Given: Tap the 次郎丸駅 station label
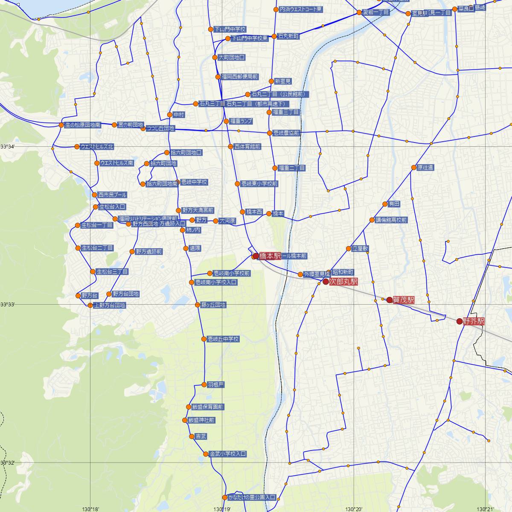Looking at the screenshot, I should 343,282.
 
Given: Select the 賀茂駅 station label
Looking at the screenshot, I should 404,300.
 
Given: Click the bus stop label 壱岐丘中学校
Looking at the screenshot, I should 223,339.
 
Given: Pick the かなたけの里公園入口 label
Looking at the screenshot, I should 252,497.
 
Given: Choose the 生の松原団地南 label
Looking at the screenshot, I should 83,125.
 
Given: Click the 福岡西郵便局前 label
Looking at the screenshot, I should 240,77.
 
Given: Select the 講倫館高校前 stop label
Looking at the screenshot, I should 391,220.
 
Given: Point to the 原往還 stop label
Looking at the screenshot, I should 425,168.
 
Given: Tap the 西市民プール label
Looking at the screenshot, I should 112,195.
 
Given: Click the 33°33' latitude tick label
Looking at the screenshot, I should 8,304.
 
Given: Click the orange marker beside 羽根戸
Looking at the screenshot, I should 204,385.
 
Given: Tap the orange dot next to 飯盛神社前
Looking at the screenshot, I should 185,420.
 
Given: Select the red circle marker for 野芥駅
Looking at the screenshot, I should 459,321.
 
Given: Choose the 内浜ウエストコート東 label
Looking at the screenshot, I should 301,9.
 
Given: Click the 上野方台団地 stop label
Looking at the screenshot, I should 110,305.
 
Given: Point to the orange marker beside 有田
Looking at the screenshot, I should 385,204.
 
